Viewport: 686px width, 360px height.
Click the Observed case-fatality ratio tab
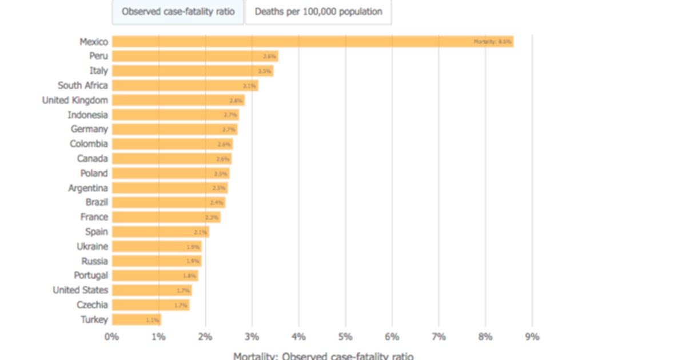pos(178,12)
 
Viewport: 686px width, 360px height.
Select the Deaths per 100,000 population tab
pos(318,12)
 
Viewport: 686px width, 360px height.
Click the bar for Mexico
pos(312,41)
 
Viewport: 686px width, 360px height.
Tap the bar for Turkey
pos(136,320)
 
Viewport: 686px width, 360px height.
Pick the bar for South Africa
pos(185,86)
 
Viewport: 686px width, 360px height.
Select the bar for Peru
pos(194,56)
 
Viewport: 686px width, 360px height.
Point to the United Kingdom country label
pos(75,100)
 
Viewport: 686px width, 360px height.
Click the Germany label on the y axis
pos(89,129)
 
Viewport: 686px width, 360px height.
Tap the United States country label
pos(80,290)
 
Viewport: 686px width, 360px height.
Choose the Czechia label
pos(93,305)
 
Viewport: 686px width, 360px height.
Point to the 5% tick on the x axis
pos(345,337)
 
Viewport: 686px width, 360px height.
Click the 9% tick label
pos(532,337)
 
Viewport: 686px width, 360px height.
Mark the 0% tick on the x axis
pos(111,337)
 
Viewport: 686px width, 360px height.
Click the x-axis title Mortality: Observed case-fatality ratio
pos(323,355)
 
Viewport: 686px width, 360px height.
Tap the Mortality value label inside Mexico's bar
pos(492,42)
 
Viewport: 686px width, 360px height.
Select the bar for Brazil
pos(168,202)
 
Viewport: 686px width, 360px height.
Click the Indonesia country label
pos(87,115)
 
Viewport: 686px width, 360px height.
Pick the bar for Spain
pos(160,232)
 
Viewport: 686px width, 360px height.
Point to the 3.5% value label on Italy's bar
pos(264,71)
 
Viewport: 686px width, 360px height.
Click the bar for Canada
pos(171,159)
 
